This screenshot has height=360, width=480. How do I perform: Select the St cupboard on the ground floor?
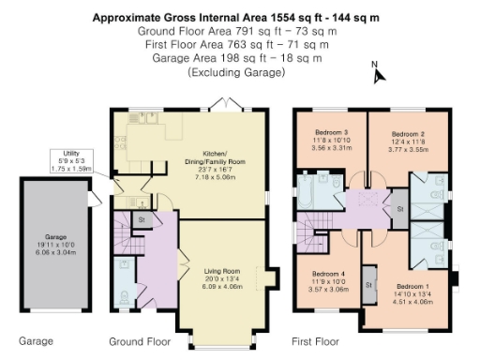tap(142, 218)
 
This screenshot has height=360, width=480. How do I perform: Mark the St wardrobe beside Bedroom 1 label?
tap(368, 283)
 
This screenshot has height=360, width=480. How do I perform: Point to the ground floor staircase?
tap(125, 234)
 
